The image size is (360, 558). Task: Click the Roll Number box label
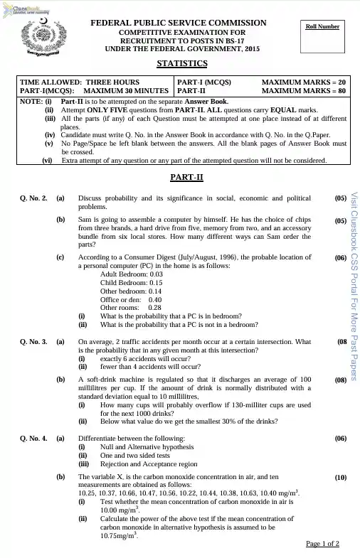(322, 26)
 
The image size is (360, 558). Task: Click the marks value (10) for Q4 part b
(339, 478)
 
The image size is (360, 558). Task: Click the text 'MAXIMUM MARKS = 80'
(304, 91)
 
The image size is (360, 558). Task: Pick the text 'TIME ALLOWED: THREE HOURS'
(70, 82)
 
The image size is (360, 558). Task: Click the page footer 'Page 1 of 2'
(322, 544)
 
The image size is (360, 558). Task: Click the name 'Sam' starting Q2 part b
(84, 221)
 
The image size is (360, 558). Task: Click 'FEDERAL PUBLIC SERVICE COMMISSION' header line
(179, 23)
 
